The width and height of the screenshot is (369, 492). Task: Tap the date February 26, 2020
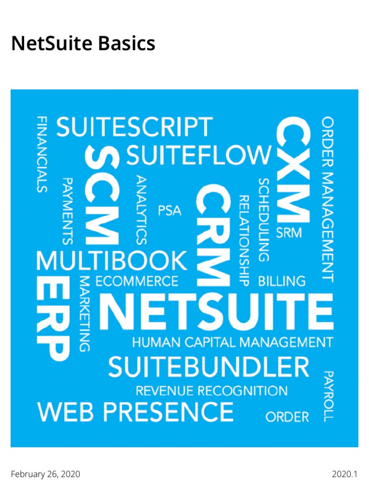click(46, 475)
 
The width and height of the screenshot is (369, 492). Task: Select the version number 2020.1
click(344, 475)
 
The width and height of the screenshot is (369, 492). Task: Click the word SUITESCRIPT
click(135, 128)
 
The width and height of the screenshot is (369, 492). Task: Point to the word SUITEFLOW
click(198, 156)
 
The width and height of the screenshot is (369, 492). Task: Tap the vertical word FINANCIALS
click(43, 154)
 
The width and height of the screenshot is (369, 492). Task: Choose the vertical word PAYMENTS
click(68, 210)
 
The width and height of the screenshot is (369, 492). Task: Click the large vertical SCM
click(102, 196)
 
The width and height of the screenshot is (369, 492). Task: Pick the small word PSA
click(170, 211)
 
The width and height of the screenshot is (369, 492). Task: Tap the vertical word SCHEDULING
click(263, 220)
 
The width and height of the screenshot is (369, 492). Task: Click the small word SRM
click(289, 233)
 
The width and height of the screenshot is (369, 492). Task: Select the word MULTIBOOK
click(112, 261)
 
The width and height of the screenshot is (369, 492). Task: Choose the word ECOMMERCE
click(137, 281)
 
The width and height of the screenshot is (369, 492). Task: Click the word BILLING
click(282, 281)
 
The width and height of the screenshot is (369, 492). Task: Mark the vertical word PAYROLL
click(328, 396)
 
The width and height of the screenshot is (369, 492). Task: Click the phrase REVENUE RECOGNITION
click(212, 391)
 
